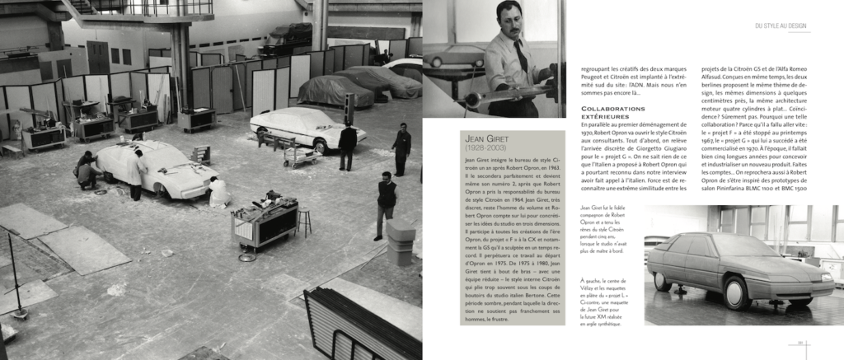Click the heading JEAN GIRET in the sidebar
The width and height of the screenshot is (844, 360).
click(487, 139)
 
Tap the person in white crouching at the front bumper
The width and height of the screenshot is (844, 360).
click(218, 192)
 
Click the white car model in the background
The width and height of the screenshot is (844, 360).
click(295, 128)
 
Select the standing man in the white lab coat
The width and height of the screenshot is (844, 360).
click(134, 174)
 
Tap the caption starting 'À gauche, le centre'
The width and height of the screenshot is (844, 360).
click(608, 302)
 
